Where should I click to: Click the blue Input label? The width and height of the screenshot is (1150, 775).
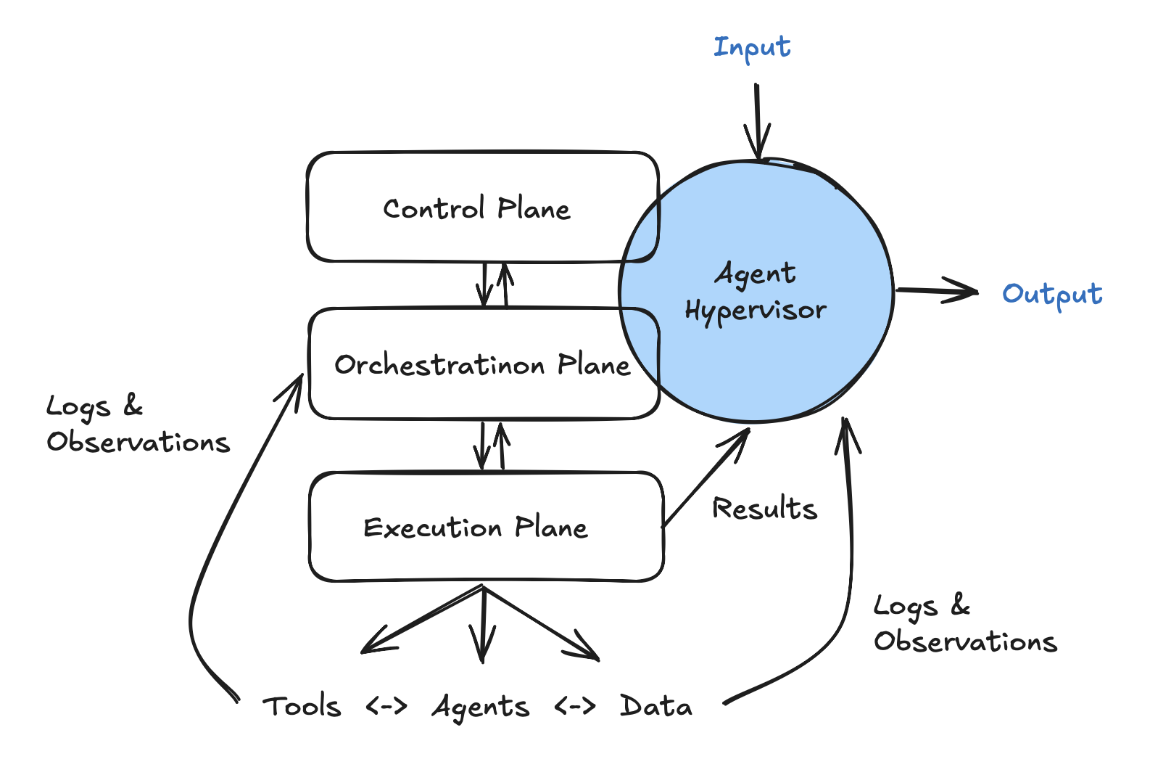point(752,48)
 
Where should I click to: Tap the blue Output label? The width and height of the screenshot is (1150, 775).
point(1051,294)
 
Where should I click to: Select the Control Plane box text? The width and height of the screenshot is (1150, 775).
point(476,209)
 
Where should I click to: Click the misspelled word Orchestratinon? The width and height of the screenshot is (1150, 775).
point(439,365)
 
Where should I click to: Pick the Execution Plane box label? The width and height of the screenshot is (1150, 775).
point(475,528)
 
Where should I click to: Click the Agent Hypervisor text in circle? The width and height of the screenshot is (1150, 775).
point(756,292)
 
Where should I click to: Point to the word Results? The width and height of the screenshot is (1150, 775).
point(764,509)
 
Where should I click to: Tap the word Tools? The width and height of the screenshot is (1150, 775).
point(302,706)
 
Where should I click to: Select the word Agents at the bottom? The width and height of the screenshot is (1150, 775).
point(481,707)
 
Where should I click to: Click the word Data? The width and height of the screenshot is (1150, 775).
point(655,706)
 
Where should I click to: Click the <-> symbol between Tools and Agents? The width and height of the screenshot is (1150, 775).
point(386,705)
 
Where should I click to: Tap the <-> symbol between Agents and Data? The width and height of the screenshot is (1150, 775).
point(574,705)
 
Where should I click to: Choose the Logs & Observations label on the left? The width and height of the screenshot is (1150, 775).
point(136,424)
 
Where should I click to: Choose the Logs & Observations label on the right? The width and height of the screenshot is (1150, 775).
point(964,623)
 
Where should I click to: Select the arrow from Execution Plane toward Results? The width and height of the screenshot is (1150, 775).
point(705,479)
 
